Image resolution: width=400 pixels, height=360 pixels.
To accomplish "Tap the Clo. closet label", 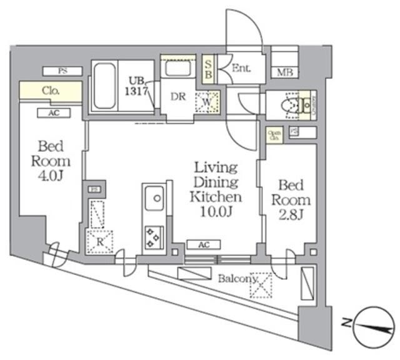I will coord(51,91).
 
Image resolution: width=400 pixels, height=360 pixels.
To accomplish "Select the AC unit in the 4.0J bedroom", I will coord(52,112).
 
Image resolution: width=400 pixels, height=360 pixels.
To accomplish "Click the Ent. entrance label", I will coord(241,69).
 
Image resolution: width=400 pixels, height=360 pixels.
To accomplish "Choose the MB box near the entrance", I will coord(284,72).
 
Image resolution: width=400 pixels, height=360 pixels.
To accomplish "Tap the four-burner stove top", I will coord(153,236).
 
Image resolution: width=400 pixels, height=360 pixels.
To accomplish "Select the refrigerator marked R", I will coord(99,240).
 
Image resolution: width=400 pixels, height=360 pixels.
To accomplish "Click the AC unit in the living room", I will coord(204,245).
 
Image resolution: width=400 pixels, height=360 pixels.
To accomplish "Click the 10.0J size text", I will coord(216,211).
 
